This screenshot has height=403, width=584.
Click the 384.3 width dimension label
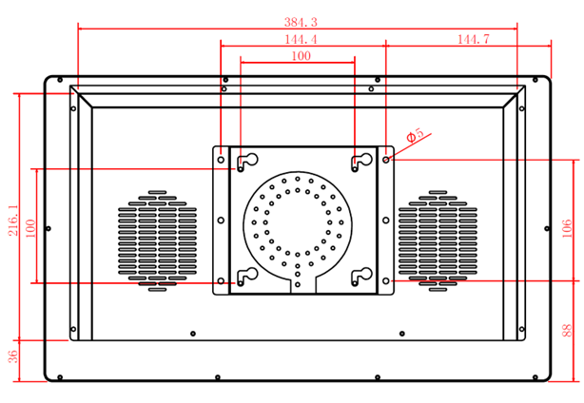tap(301, 22)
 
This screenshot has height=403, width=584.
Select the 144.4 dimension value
tap(301, 39)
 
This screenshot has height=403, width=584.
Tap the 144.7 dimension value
tap(474, 39)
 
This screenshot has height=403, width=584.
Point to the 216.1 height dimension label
tap(13, 220)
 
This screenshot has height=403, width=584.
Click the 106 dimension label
tap(567, 228)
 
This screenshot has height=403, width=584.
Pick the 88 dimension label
tap(567, 331)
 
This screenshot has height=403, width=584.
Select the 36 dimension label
tap(12, 356)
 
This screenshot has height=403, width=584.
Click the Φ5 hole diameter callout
tap(415, 135)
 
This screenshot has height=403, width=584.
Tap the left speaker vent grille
tap(158, 240)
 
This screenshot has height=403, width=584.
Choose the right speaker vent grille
tap(438, 240)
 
